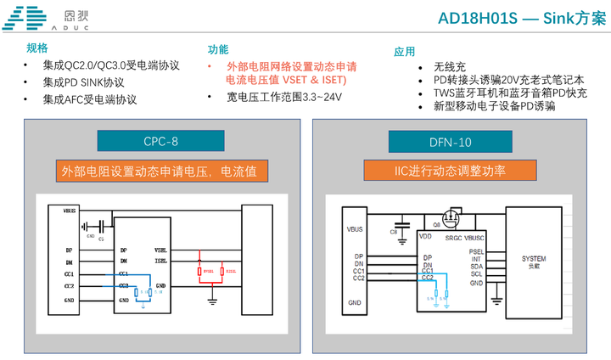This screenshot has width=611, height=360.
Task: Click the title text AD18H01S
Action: (x=477, y=19)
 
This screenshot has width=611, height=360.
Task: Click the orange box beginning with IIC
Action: (x=450, y=171)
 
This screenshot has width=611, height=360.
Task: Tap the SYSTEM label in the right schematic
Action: (x=534, y=258)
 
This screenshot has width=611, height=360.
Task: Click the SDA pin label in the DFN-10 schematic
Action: (x=476, y=267)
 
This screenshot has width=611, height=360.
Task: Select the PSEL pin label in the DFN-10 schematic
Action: (x=476, y=251)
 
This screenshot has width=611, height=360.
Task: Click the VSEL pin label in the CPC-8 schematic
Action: (x=160, y=250)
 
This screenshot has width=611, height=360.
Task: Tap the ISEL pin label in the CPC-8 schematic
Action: (x=160, y=262)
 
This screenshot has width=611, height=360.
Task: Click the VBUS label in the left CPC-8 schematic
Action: (x=70, y=210)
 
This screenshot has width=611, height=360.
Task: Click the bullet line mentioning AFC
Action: (x=90, y=99)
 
